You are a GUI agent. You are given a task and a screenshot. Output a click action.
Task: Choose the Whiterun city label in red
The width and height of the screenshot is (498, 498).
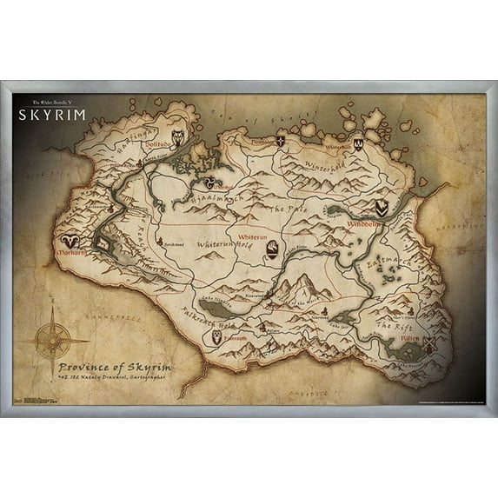[252, 236]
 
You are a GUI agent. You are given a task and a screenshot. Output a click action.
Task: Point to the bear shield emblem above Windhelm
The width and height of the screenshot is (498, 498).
[382, 207]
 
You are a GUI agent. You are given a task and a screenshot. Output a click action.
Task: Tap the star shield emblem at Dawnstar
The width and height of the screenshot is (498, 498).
[281, 140]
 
